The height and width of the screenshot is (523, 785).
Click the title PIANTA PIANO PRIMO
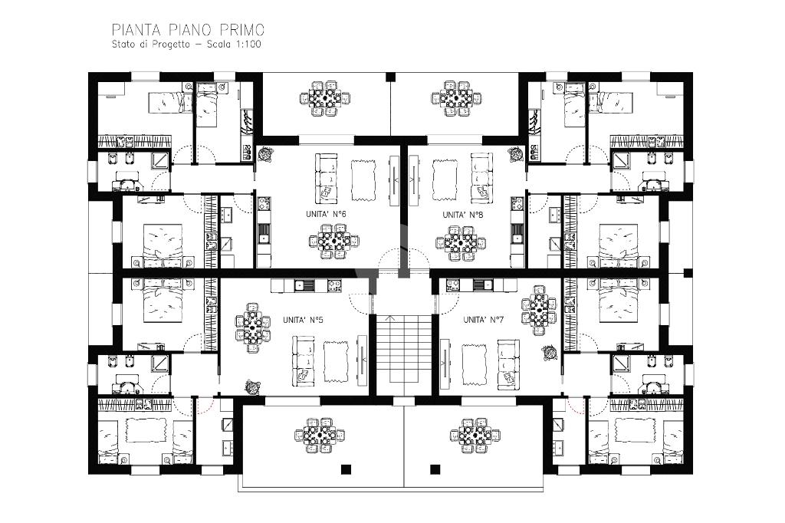pyautogui.click(x=188, y=30)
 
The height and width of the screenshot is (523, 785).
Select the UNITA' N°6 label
pyautogui.click(x=326, y=214)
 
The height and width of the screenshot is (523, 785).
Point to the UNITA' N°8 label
pyautogui.click(x=462, y=215)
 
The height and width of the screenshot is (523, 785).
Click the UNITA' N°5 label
pyautogui.click(x=303, y=320)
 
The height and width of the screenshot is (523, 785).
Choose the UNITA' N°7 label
pyautogui.click(x=483, y=320)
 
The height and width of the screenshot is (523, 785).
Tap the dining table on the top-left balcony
pyautogui.click(x=324, y=98)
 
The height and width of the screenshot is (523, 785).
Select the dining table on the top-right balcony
pyautogui.click(x=456, y=98)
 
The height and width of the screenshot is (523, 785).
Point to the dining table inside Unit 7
pyautogui.click(x=539, y=311)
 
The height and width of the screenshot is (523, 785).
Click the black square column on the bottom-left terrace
pyautogui.click(x=346, y=469)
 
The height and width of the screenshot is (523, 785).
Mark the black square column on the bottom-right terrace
pyautogui.click(x=435, y=469)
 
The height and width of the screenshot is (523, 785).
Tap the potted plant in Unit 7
pyautogui.click(x=549, y=353)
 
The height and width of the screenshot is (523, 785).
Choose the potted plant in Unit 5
pyautogui.click(x=252, y=386)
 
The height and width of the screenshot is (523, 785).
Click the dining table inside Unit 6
pyautogui.click(x=334, y=242)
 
